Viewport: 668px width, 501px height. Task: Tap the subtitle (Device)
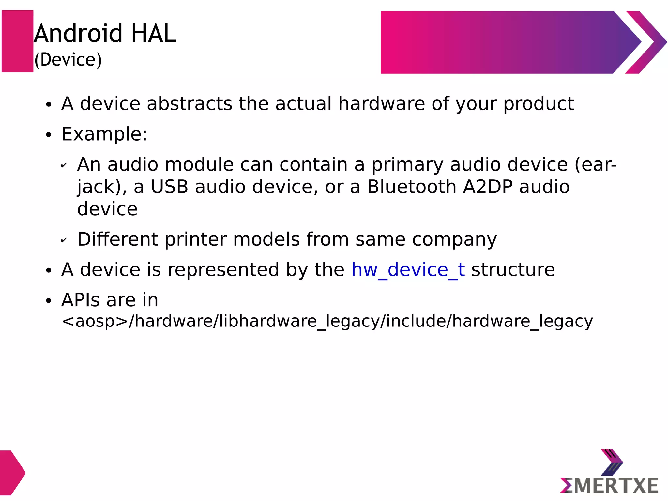68,60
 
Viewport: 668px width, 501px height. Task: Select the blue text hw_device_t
408,270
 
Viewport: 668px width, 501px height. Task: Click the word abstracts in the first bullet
189,104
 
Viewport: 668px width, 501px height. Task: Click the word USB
169,187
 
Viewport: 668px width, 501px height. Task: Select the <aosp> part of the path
95,321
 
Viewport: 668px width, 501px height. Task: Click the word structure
513,270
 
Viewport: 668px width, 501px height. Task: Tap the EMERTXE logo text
609,485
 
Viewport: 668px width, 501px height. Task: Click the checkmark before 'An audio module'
64,165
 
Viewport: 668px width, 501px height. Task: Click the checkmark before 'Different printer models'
64,240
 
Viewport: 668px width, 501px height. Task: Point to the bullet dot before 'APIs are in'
49,301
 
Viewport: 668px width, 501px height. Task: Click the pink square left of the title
18,41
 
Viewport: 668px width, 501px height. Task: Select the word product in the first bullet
539,104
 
